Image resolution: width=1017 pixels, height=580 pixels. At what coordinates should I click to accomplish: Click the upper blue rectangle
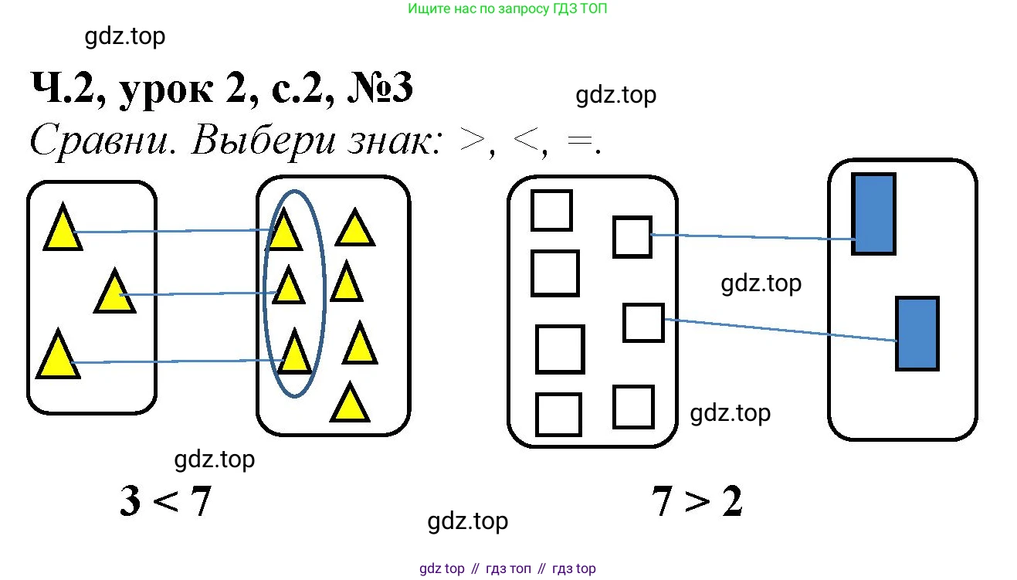pos(873,214)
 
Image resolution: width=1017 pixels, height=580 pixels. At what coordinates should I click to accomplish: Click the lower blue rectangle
pos(917,333)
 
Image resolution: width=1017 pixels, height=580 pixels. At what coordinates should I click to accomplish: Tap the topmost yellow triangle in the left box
pos(62,229)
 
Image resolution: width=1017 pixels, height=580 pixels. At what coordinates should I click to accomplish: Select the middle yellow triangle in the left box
pos(114,293)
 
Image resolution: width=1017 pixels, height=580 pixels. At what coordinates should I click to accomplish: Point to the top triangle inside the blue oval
pos(284,231)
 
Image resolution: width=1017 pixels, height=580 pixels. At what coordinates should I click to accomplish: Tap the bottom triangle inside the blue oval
pos(294,354)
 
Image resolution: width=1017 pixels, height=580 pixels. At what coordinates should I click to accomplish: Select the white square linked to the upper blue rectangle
pos(632,236)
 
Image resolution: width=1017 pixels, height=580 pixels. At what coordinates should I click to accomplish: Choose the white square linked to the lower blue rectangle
pos(642,323)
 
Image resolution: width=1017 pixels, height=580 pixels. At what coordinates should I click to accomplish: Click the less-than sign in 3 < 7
pos(164,503)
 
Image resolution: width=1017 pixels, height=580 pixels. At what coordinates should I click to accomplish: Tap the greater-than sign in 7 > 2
pos(697,503)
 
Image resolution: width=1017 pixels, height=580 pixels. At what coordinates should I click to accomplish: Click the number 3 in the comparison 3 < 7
pos(131,503)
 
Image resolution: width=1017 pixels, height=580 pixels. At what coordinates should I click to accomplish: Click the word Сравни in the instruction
pos(99,142)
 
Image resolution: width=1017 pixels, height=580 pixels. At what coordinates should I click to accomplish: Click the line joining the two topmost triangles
pos(170,231)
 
